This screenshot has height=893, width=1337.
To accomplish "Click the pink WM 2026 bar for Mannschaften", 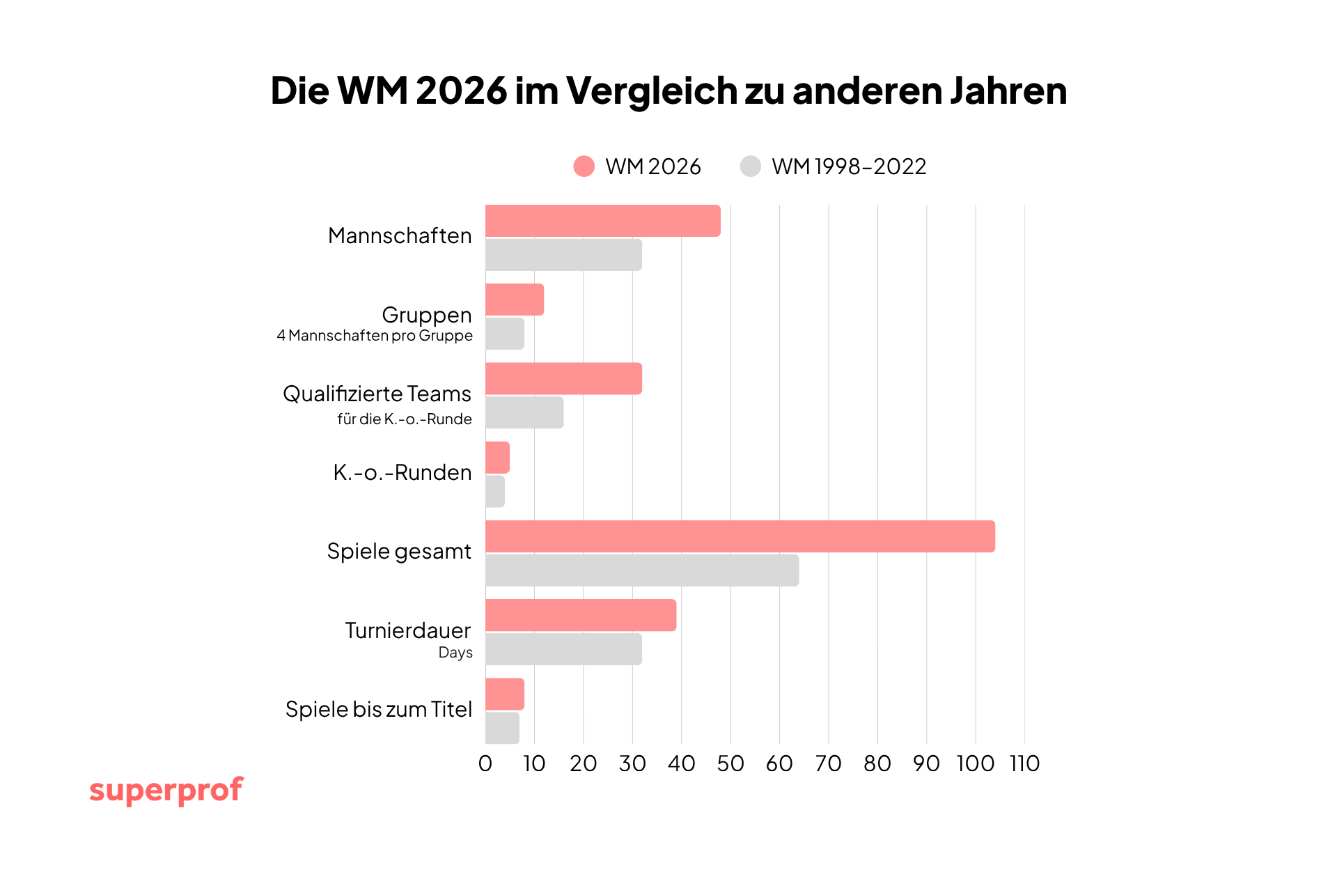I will [602, 221].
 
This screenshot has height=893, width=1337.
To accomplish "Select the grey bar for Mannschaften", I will [563, 255].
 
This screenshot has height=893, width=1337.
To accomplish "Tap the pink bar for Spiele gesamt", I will [740, 536].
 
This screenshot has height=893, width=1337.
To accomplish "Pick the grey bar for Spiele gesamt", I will [641, 570].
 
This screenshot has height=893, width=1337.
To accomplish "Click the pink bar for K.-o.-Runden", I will [497, 458].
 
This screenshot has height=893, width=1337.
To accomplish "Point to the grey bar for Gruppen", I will [504, 334].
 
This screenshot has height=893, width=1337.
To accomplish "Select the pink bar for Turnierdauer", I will [580, 615].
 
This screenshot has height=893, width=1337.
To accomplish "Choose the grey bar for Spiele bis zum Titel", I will [502, 728].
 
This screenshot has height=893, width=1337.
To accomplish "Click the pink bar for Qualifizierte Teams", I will [563, 378].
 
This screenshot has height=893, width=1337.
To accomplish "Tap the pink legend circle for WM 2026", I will [584, 166].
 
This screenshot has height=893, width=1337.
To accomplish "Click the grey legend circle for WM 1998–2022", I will [750, 166].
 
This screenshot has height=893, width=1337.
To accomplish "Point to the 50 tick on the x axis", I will [730, 764].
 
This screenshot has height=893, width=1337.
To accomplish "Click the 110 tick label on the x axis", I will [1024, 764].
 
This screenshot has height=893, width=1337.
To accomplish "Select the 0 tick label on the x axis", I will [485, 764].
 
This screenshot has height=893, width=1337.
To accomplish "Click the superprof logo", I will [166, 791].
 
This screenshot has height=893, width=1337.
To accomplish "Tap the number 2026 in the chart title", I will [462, 91].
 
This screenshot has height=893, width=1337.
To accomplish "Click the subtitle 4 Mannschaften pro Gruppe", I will [375, 336].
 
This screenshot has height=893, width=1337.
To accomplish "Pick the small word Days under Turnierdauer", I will [455, 653].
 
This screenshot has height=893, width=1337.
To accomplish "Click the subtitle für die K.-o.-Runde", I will [404, 419].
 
